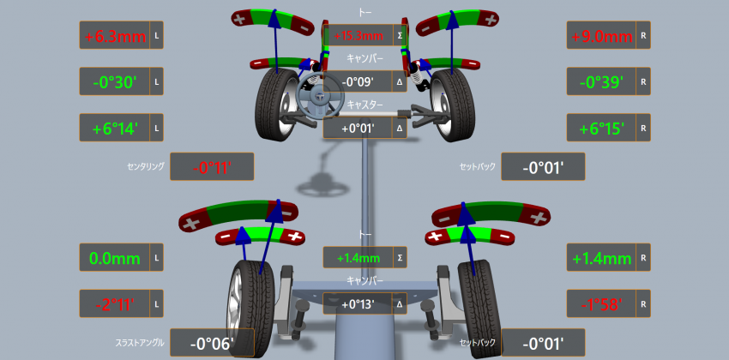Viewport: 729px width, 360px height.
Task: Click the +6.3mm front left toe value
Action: tap(115, 35)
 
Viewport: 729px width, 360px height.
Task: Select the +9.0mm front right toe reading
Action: tap(602, 36)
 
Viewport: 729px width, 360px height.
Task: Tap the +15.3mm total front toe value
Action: tap(358, 35)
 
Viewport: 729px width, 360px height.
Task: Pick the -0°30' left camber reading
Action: tap(114, 81)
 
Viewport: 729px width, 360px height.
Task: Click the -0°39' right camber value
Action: tap(601, 81)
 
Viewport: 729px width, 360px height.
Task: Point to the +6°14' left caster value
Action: tap(114, 129)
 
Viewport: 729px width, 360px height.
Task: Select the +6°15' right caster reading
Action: tap(601, 129)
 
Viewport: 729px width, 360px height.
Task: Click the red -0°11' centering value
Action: tap(212, 167)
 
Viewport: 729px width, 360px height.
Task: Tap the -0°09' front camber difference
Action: tap(358, 81)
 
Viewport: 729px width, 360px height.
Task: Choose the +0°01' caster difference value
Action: tap(358, 128)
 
